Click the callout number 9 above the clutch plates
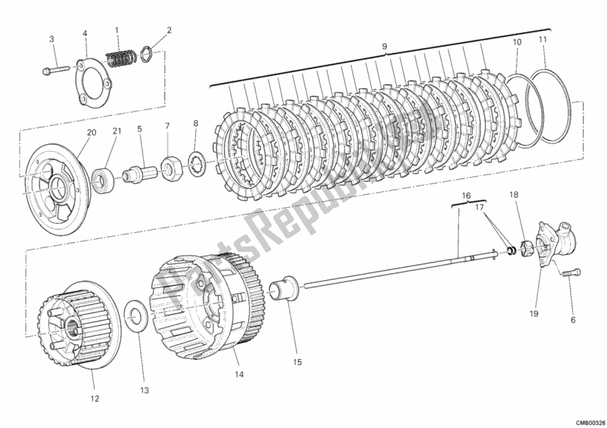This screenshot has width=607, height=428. pos(385,47)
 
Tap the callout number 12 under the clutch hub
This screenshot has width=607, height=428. pos(94,398)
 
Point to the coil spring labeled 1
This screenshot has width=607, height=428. pos(122,57)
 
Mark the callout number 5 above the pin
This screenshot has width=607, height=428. pos(140,129)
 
